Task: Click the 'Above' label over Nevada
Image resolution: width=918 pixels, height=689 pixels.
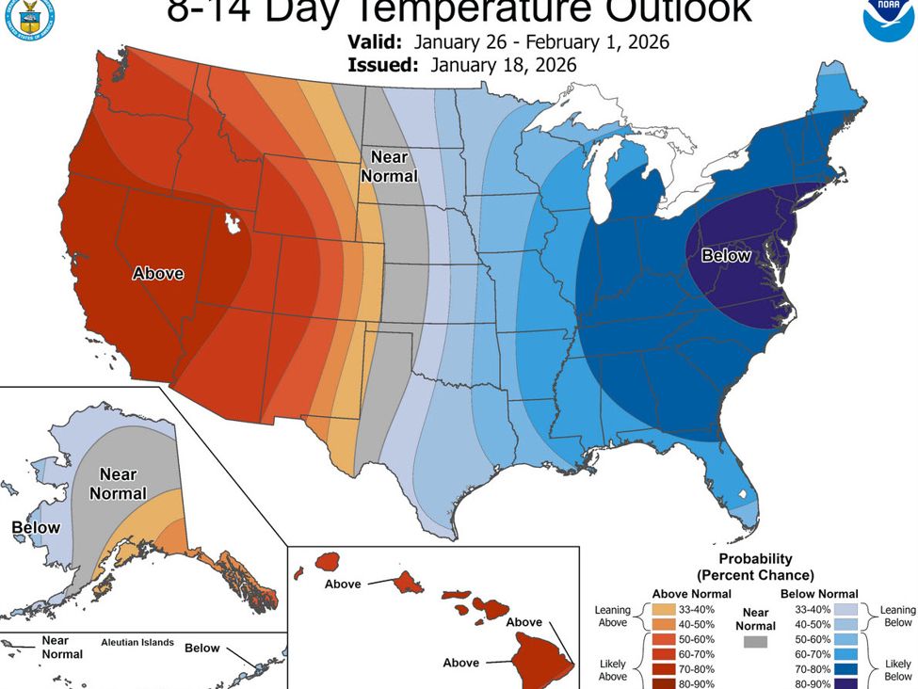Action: pyautogui.click(x=158, y=274)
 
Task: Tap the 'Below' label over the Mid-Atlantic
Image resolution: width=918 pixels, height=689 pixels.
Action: pyautogui.click(x=726, y=255)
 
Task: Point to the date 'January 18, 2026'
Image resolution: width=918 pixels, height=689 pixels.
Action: pyautogui.click(x=504, y=66)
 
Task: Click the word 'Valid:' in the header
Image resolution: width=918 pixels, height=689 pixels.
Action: pyautogui.click(x=375, y=43)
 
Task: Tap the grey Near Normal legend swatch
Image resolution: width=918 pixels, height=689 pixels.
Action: pyautogui.click(x=755, y=641)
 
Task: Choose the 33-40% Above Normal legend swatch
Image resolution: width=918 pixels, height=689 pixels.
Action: pyautogui.click(x=664, y=609)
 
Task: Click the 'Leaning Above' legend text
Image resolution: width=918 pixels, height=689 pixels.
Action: pyautogui.click(x=612, y=617)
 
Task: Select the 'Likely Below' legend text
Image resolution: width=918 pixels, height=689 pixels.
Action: pyautogui.click(x=897, y=669)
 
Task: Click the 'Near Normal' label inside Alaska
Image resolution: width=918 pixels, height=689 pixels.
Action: pyautogui.click(x=119, y=484)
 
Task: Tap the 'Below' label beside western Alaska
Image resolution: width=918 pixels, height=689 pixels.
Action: pyautogui.click(x=36, y=528)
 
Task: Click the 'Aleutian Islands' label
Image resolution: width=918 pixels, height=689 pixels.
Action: pyautogui.click(x=137, y=642)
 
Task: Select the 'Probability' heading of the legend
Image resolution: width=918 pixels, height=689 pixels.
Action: pyautogui.click(x=755, y=558)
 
